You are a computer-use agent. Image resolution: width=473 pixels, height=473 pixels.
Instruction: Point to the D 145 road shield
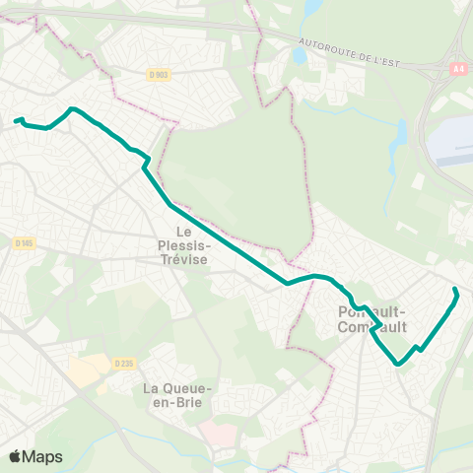[x=25, y=242]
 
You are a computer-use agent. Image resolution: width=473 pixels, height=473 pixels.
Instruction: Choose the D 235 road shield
[x=122, y=363]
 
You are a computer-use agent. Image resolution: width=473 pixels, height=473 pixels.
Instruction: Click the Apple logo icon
[x=16, y=456]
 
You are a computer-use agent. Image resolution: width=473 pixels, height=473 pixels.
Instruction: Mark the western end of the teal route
[x=16, y=121]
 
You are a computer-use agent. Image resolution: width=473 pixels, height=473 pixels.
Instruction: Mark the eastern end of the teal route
[x=454, y=289]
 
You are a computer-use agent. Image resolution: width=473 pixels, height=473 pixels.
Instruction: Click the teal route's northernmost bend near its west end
[x=72, y=108]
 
